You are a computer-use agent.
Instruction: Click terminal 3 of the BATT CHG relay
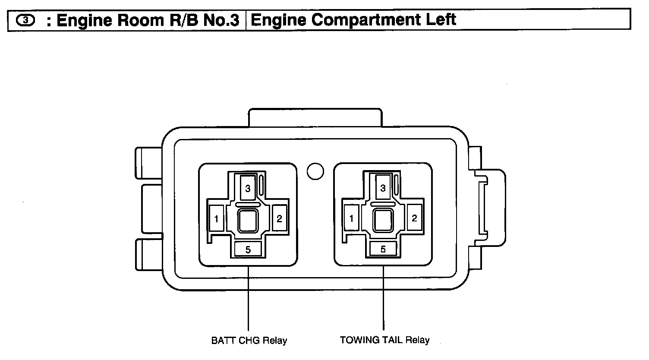point(248,188)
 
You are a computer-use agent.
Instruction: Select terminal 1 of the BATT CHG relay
point(216,218)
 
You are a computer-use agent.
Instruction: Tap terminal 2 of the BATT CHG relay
point(279,218)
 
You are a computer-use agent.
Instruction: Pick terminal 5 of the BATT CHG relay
point(248,249)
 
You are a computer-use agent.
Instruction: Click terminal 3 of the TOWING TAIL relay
point(383,188)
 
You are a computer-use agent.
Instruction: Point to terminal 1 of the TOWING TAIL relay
point(351,218)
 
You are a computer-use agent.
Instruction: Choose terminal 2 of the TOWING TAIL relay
point(414,218)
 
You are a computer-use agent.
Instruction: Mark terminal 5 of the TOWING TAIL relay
point(383,249)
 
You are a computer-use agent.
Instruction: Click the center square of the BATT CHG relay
point(248,221)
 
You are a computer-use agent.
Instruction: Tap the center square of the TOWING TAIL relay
point(383,221)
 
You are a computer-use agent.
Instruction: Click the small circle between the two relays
point(315,171)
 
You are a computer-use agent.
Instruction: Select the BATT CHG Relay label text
point(249,340)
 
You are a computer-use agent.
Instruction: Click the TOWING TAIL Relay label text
point(384,340)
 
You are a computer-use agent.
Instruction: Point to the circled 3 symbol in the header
point(25,20)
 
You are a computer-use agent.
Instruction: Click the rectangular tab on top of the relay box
point(315,117)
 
